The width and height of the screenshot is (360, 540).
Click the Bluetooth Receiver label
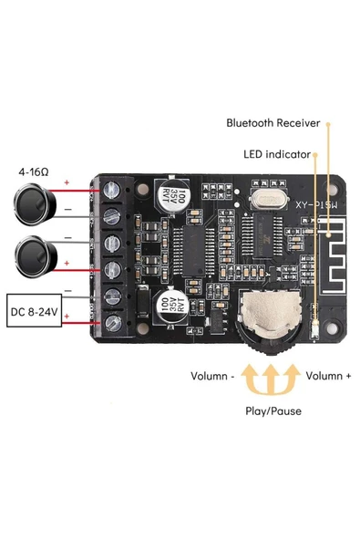(x=273, y=122)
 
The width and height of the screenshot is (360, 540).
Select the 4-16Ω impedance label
(x=34, y=171)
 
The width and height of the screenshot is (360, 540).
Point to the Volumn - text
(x=213, y=376)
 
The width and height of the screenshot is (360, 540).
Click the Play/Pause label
(x=270, y=410)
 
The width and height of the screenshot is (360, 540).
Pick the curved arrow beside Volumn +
(x=291, y=376)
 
